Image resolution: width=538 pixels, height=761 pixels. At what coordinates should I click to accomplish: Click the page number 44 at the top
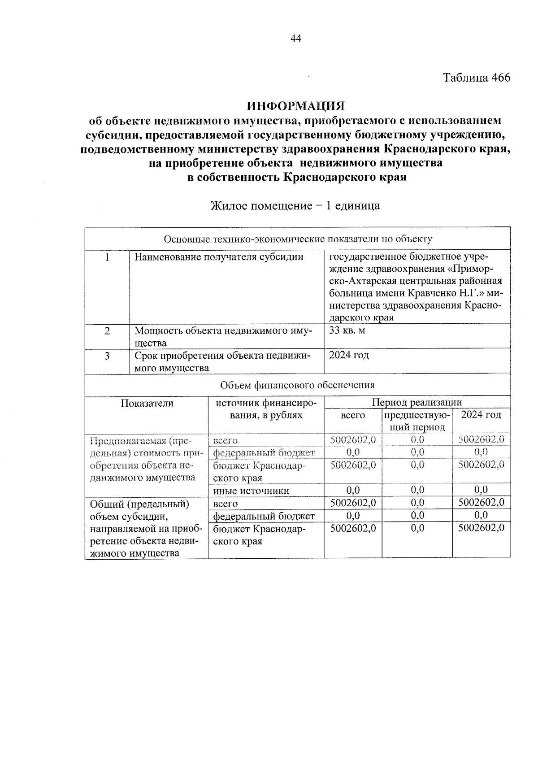[x=296, y=39]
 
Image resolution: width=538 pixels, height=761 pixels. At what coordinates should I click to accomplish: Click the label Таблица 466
[x=477, y=78]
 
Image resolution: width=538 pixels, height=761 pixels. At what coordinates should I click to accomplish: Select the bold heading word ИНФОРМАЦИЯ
[x=296, y=106]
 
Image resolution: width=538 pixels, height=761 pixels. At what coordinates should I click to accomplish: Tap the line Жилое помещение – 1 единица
[x=295, y=206]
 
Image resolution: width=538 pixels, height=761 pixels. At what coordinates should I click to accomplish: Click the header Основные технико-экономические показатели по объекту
[x=298, y=239]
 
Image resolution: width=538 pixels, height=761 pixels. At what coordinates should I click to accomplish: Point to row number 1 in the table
[x=107, y=257]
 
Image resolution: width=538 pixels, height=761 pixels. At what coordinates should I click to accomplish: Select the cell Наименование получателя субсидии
[x=219, y=257]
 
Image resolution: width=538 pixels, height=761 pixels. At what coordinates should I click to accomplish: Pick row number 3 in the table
[x=107, y=356]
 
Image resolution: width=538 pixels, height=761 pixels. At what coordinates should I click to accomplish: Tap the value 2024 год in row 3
[x=349, y=356]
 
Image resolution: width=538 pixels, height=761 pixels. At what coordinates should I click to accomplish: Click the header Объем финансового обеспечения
[x=298, y=385]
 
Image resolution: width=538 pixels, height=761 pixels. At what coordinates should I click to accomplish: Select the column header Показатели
[x=147, y=403]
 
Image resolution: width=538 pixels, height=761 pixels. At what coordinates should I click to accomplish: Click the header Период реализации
[x=417, y=402]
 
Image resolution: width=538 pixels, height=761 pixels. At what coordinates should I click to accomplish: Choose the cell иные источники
[x=251, y=491]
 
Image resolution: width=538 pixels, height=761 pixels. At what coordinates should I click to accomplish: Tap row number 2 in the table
[x=107, y=331]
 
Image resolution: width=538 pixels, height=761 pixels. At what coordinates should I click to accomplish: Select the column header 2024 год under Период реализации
[x=481, y=415]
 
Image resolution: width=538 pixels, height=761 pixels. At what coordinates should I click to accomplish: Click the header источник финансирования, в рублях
[x=266, y=409]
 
